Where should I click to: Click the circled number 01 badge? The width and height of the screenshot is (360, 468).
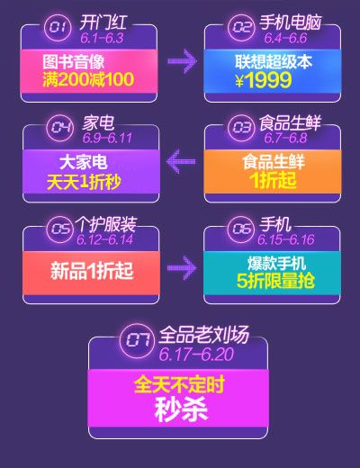pyautogui.click(x=58, y=27)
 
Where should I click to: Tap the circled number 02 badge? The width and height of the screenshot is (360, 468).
pyautogui.click(x=241, y=27)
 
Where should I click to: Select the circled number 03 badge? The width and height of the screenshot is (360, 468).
pyautogui.click(x=241, y=128)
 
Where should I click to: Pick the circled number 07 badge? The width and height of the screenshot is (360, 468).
pyautogui.click(x=138, y=340)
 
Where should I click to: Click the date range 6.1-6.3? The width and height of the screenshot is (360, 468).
pyautogui.click(x=102, y=39)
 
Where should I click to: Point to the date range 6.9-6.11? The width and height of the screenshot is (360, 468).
pyautogui.click(x=107, y=138)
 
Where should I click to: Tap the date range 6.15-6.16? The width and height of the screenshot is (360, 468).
pyautogui.click(x=286, y=239)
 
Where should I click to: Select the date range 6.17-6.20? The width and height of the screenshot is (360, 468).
pyautogui.click(x=196, y=355)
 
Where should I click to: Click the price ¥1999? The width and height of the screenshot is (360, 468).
pyautogui.click(x=263, y=80)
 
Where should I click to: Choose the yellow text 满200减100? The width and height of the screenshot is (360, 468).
pyautogui.click(x=88, y=79)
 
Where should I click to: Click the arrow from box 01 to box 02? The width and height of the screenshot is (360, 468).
pyautogui.click(x=182, y=61)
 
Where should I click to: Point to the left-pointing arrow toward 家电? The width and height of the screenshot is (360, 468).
pyautogui.click(x=181, y=161)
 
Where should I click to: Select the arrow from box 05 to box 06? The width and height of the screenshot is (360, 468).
pyautogui.click(x=182, y=268)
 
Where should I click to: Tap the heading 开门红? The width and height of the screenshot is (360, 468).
pyautogui.click(x=103, y=22)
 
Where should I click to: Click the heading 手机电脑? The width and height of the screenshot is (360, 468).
pyautogui.click(x=290, y=22)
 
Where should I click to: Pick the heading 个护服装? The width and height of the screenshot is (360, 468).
pyautogui.click(x=105, y=224)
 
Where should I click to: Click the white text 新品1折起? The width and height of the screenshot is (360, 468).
pyautogui.click(x=92, y=271)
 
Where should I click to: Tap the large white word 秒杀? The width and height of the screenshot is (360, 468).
pyautogui.click(x=181, y=409)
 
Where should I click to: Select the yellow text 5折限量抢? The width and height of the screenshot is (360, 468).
pyautogui.click(x=275, y=281)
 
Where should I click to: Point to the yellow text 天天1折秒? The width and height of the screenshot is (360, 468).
pyautogui.click(x=84, y=182)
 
